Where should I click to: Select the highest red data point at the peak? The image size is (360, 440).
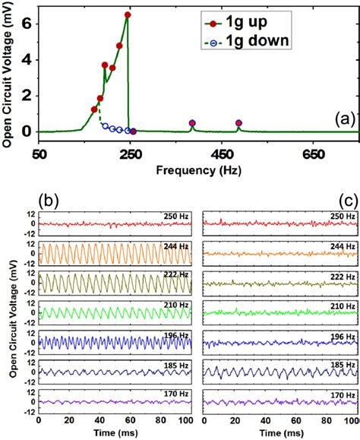[x=128, y=15]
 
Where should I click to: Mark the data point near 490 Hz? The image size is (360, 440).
[x=239, y=123]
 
